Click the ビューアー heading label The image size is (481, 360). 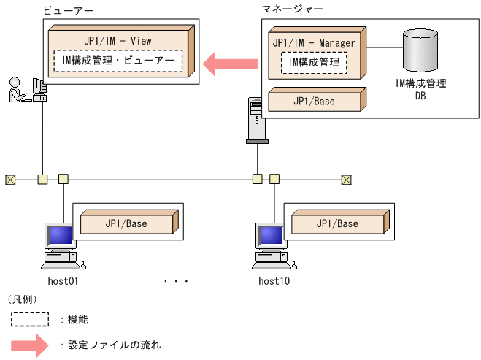pos(64,11)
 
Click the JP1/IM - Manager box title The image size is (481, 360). pos(314,43)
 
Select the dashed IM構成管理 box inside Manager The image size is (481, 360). pos(314,63)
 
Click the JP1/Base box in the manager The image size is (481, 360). pos(314,101)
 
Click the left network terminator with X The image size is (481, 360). pos(10,178)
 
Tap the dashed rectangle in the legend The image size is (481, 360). pos(29,319)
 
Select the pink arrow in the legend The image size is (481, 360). pos(29,344)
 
